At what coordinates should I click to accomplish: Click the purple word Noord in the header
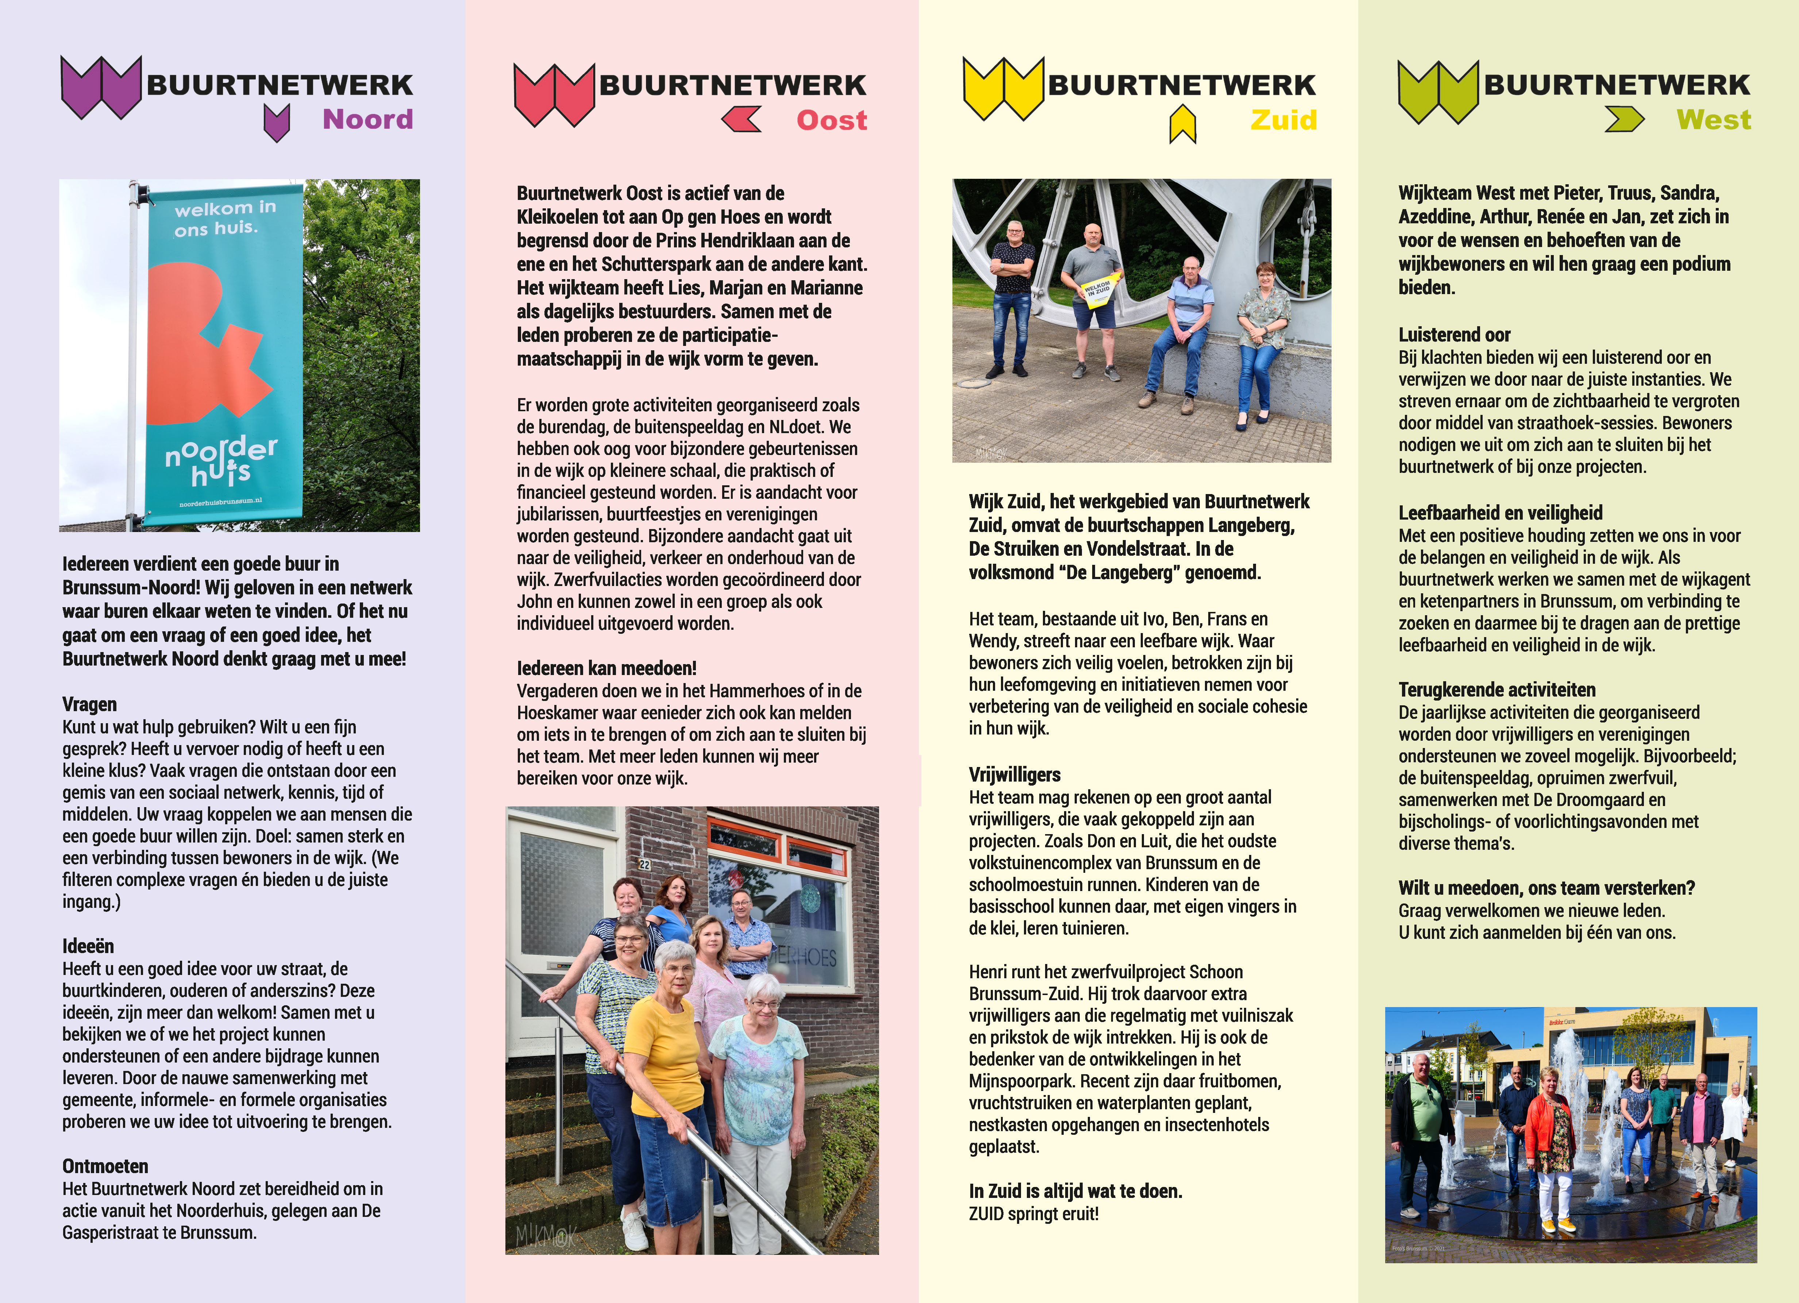tap(367, 120)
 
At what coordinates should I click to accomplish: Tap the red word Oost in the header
tap(831, 120)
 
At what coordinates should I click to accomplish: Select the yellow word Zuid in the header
tap(1283, 120)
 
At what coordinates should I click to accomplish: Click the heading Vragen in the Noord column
tap(90, 704)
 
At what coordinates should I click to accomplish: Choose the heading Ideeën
tap(88, 946)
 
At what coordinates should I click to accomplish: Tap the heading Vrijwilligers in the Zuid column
tap(1014, 775)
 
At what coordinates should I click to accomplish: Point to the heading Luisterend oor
tap(1454, 335)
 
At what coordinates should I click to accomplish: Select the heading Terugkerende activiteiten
tap(1497, 690)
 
